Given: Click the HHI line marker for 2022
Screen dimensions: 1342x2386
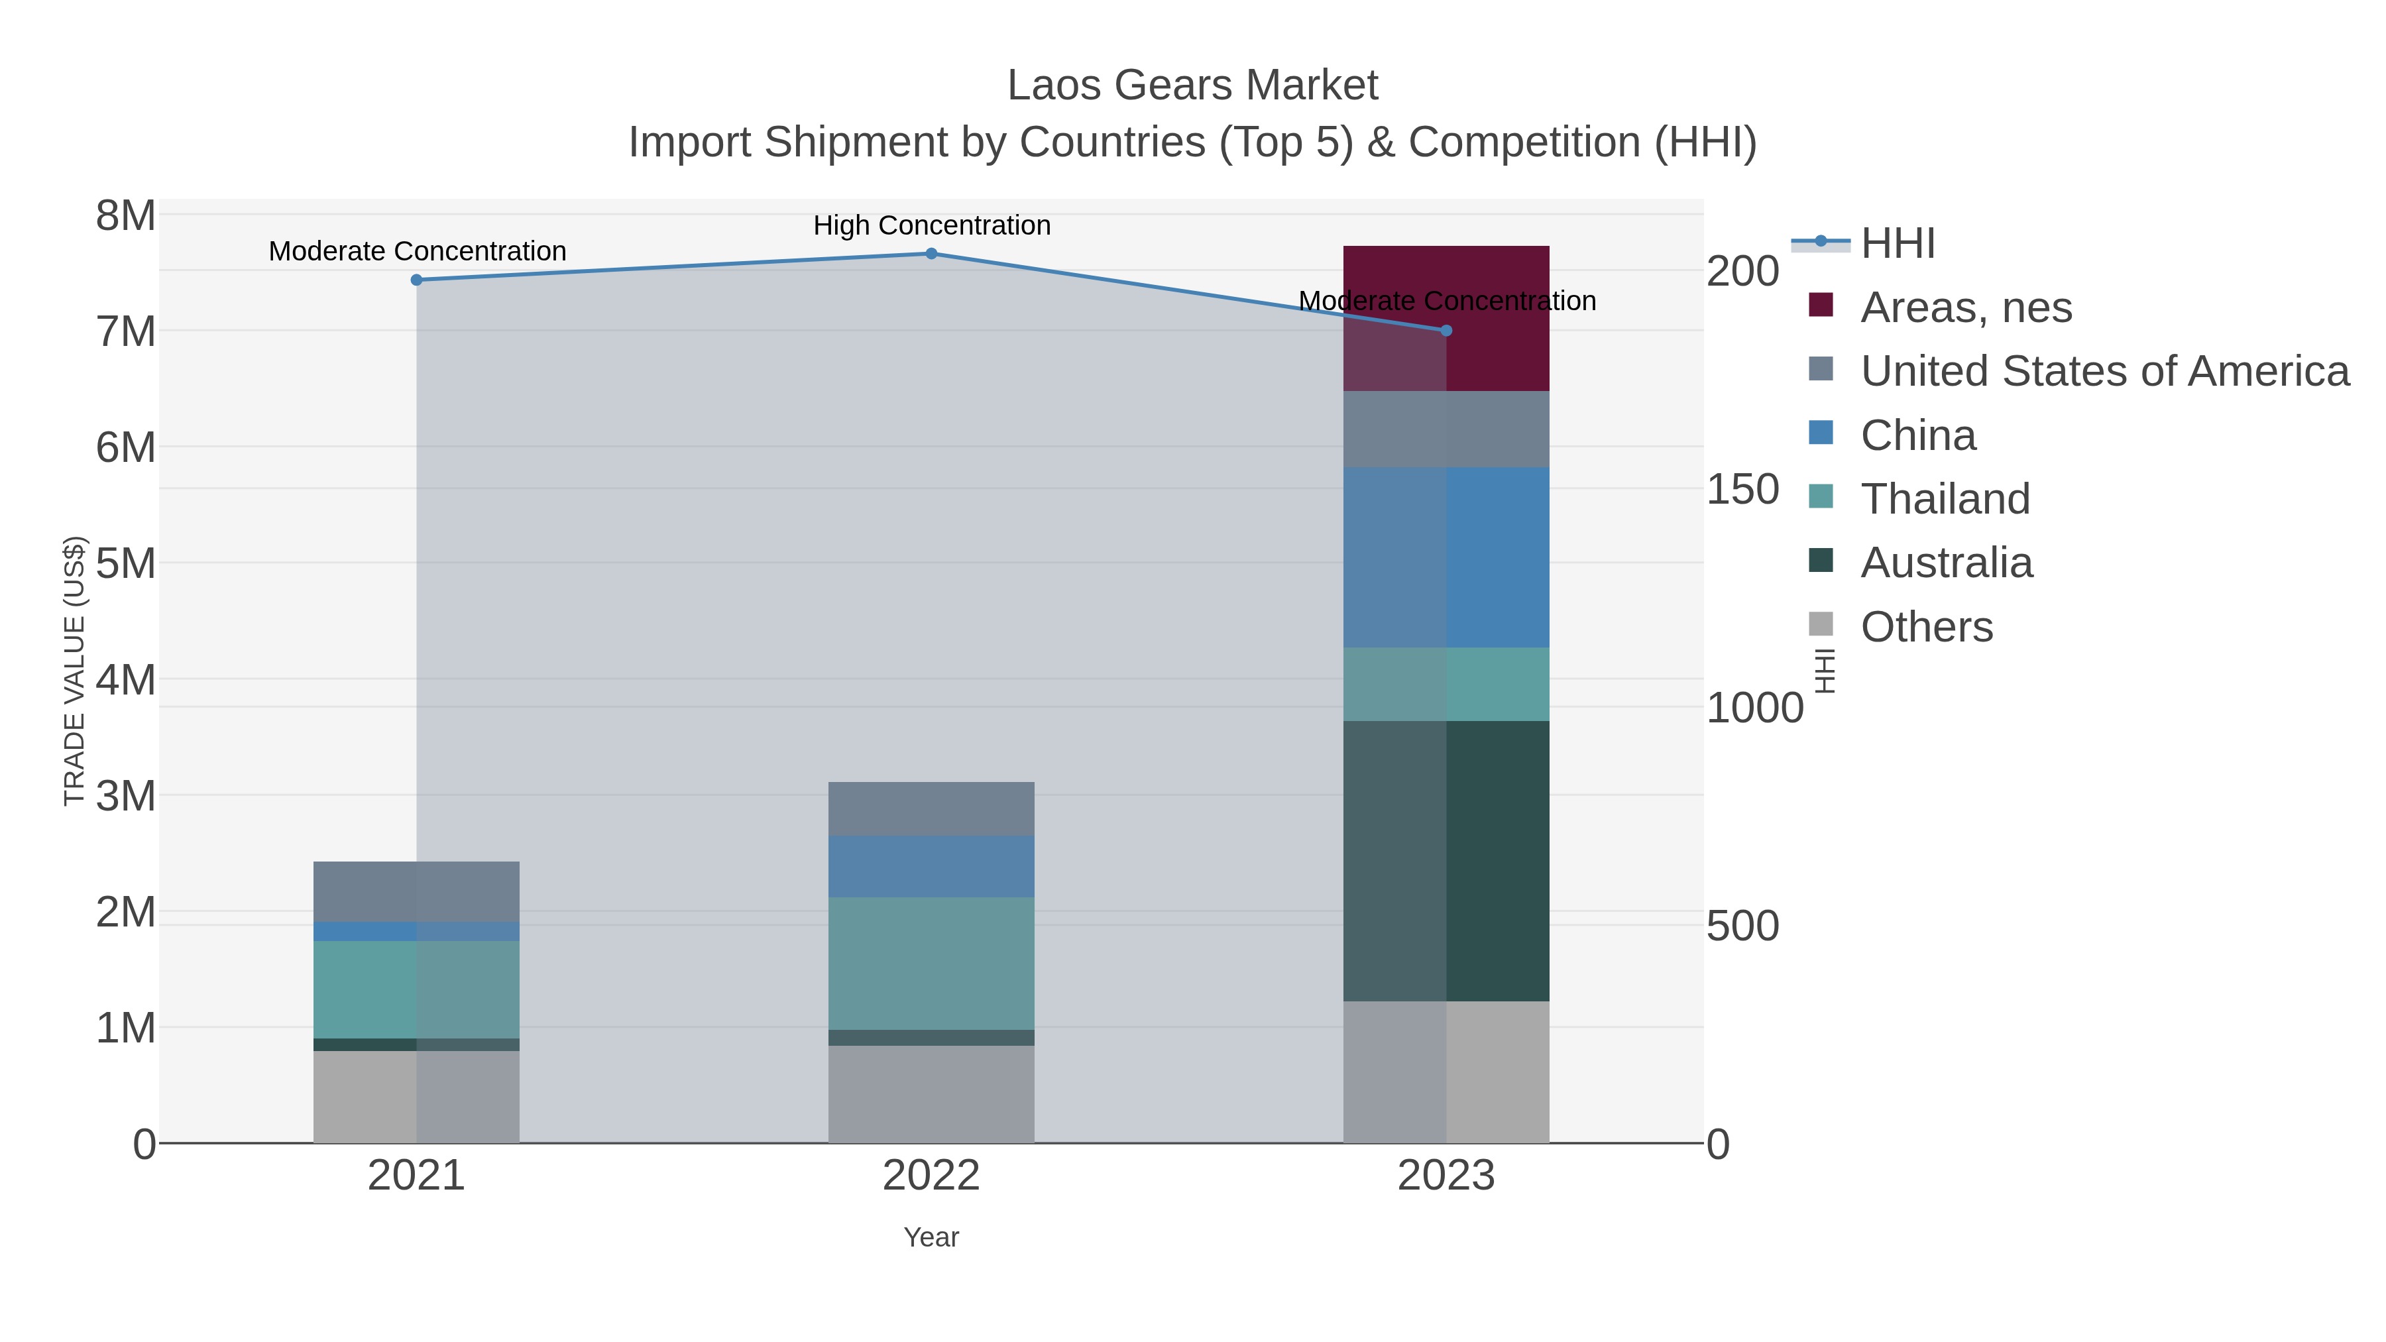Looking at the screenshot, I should pyautogui.click(x=931, y=254).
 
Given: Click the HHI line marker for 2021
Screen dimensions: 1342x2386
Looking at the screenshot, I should pyautogui.click(x=417, y=280).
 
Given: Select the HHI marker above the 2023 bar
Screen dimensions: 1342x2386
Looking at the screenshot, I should pyautogui.click(x=1446, y=331).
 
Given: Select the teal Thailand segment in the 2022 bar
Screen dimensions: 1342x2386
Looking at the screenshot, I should pyautogui.click(x=931, y=962).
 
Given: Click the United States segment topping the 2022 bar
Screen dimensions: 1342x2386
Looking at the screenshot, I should pyautogui.click(x=931, y=809).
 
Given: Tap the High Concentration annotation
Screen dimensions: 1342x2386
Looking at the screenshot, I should pyautogui.click(x=931, y=225).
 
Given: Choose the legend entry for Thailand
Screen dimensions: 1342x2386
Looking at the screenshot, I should pyautogui.click(x=1945, y=499).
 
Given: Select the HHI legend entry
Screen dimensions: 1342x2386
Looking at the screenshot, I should pyautogui.click(x=1897, y=244).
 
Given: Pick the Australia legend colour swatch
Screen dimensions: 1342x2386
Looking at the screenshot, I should pyautogui.click(x=1820, y=560).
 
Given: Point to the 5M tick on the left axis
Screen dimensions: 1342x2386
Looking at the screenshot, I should pyautogui.click(x=126, y=563).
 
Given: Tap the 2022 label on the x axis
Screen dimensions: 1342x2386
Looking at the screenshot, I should pyautogui.click(x=931, y=1176).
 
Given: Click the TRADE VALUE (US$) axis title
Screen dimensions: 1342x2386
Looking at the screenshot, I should pyautogui.click(x=74, y=671).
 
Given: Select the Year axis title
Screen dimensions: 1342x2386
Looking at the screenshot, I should pyautogui.click(x=931, y=1237).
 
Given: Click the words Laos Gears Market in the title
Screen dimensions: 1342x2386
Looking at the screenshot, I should pyautogui.click(x=1192, y=85).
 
